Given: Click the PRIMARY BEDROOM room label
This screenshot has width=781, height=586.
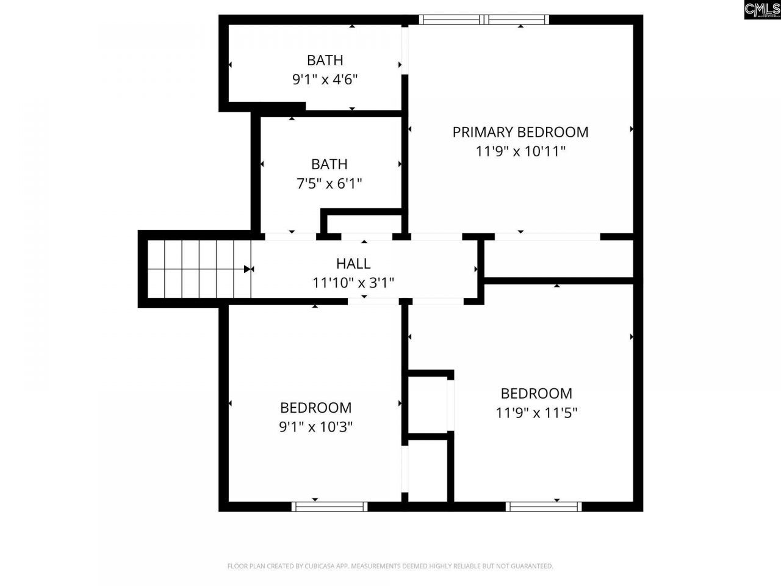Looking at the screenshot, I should pos(520,132).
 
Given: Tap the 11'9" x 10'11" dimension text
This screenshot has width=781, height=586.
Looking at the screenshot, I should pos(520,151).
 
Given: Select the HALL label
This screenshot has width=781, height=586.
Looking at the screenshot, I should pos(353,264).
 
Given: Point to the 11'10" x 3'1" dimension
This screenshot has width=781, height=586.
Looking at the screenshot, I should pos(353,283).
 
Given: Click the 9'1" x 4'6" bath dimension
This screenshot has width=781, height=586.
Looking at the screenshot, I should pos(325,79).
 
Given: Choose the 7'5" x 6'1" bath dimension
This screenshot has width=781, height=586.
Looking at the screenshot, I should pos(329,183).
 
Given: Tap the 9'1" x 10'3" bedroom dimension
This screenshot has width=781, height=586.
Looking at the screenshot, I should pos(315,427).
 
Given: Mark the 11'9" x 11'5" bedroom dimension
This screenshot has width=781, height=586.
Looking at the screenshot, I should pos(536,413).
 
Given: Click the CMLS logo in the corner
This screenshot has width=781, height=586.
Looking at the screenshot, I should pos(762,9).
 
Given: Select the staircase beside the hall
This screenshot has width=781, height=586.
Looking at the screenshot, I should pos(199,269).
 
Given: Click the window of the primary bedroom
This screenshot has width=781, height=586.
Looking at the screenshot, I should pos(484,20).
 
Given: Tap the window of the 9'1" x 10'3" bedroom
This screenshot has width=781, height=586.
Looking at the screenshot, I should pos(329,506).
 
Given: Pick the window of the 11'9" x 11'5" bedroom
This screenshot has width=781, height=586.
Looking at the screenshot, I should pos(543,506).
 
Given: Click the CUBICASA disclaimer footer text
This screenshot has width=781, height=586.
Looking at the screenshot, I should pos(390,566).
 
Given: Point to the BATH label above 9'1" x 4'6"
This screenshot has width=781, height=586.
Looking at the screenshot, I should pos(325,60).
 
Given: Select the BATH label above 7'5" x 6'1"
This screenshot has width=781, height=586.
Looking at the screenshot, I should pos(329,164).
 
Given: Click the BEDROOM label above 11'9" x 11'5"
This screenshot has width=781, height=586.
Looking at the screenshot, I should pos(536,394).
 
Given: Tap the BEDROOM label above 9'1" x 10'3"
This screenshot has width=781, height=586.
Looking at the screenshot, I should pos(315,408).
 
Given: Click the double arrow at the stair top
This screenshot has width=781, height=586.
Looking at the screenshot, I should pos(248,269).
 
